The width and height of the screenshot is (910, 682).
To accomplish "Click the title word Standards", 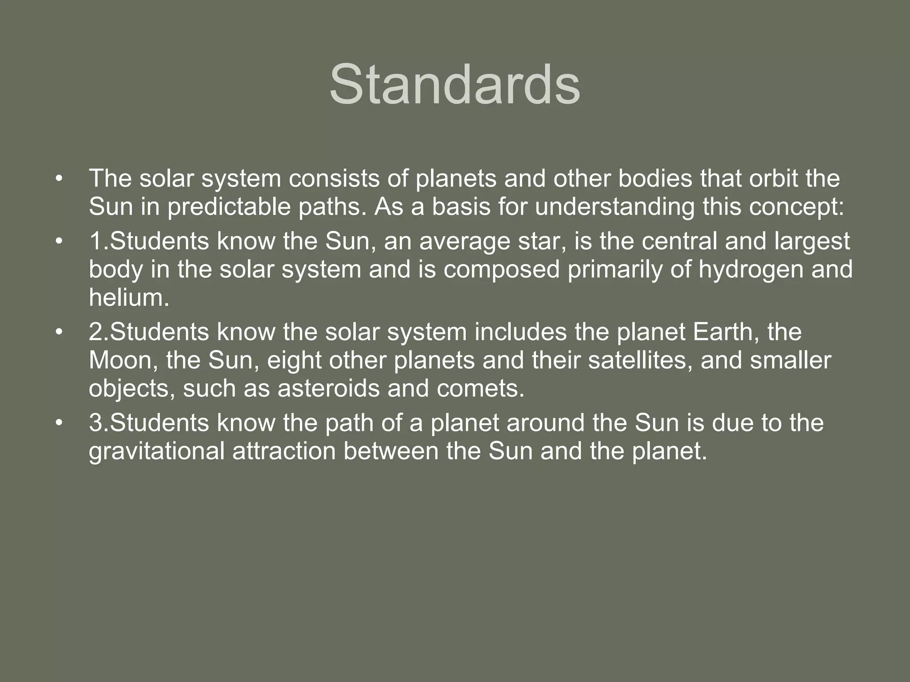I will click(455, 84).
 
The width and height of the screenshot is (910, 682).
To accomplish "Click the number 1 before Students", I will click(96, 242).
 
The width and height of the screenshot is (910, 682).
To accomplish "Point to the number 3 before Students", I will click(96, 423).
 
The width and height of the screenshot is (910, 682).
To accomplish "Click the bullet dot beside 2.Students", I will click(58, 332).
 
